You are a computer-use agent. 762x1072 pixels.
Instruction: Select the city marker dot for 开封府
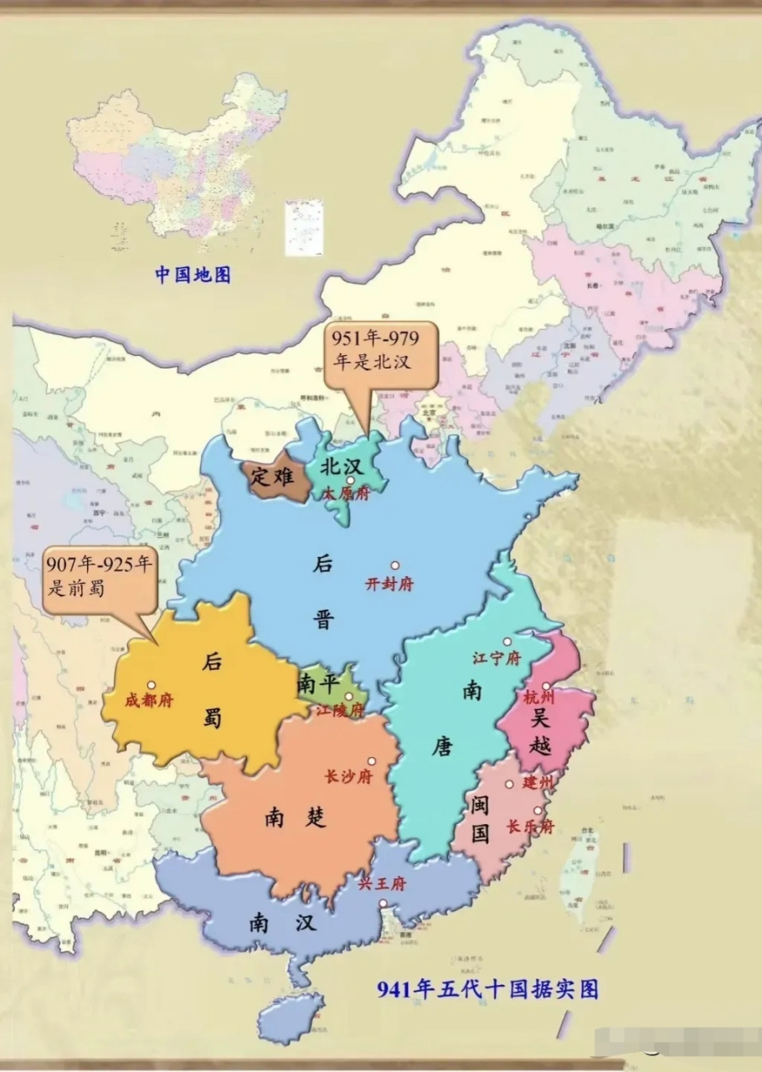(x=394, y=565)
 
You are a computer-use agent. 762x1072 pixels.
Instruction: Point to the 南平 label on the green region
(x=316, y=684)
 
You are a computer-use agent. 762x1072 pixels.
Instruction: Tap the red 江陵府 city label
(x=340, y=711)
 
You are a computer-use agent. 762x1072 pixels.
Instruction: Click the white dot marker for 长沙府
(x=372, y=761)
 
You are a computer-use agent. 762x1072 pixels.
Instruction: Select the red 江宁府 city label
(x=496, y=658)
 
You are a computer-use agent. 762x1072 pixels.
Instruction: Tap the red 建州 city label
(x=538, y=783)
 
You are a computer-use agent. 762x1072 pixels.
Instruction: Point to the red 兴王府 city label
(x=382, y=884)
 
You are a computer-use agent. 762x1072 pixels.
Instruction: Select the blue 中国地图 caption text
(x=193, y=274)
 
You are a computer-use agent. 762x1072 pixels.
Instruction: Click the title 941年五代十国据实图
(x=488, y=989)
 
